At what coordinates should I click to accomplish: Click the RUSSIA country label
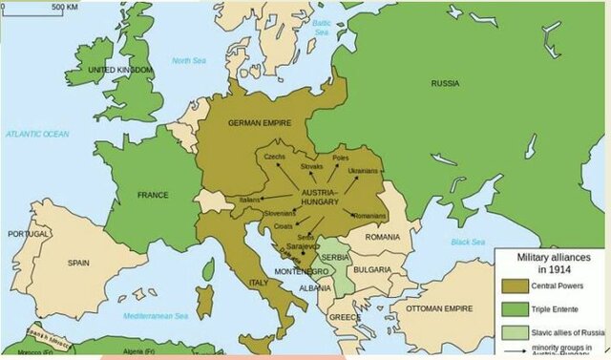[445, 83]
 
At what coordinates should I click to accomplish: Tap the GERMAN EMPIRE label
[259, 123]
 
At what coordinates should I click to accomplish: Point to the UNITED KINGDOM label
[120, 71]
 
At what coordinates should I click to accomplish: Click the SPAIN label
[77, 261]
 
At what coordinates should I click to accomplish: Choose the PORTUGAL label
[29, 234]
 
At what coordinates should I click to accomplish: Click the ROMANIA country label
[382, 236]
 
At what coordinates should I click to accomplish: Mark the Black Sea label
[468, 242]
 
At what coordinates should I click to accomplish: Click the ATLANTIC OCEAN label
[37, 135]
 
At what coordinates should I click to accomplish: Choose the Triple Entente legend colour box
[516, 310]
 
